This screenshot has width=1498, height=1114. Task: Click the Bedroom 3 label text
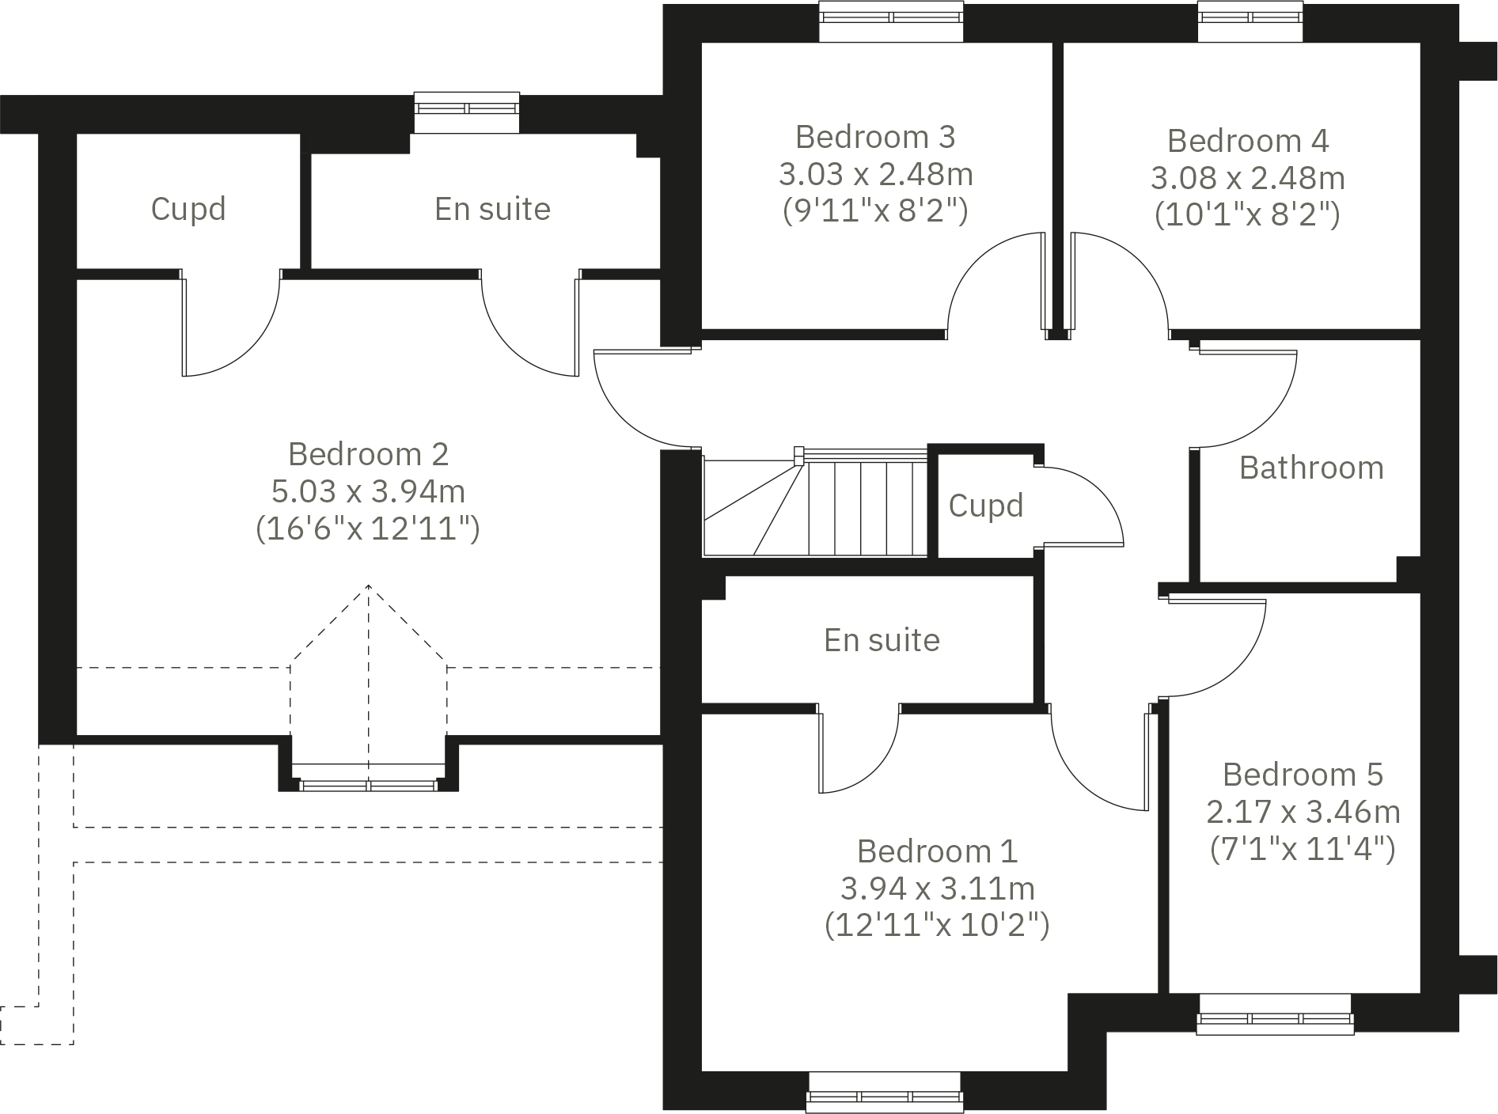875,137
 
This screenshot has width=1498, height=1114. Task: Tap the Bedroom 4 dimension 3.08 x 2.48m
1247,178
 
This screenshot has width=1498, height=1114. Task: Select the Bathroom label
1311,468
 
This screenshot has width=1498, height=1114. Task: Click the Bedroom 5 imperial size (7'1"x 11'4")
1303,849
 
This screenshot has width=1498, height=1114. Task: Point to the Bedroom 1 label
937,851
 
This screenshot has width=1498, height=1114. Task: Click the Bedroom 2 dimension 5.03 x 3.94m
368,491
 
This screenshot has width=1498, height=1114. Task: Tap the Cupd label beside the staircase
985,506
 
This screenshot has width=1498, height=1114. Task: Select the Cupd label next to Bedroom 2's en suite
188,209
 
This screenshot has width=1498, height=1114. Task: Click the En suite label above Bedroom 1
882,640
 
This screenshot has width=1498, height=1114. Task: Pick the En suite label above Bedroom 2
492,209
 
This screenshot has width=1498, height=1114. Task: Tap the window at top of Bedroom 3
891,21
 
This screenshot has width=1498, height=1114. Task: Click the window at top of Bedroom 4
1250,21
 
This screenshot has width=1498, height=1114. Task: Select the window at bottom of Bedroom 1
885,1093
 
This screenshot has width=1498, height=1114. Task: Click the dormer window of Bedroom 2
368,784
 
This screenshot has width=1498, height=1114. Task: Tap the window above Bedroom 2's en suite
467,112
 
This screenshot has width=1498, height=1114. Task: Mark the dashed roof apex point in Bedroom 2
369,585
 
